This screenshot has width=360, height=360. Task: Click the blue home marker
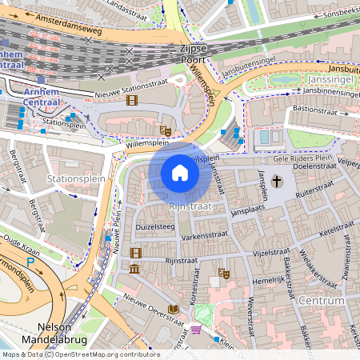tap(180, 173)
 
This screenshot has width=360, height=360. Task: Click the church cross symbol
tap(277, 182)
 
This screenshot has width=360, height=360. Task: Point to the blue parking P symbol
tap(30, 261)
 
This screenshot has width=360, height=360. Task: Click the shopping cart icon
tap(196, 330)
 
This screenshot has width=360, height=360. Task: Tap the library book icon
tap(173, 310)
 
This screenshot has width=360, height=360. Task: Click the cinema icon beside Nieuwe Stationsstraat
tap(132, 101)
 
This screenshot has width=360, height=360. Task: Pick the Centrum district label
tap(323, 300)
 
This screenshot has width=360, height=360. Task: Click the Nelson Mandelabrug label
tap(69, 333)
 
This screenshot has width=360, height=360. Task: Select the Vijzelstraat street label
tap(265, 253)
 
